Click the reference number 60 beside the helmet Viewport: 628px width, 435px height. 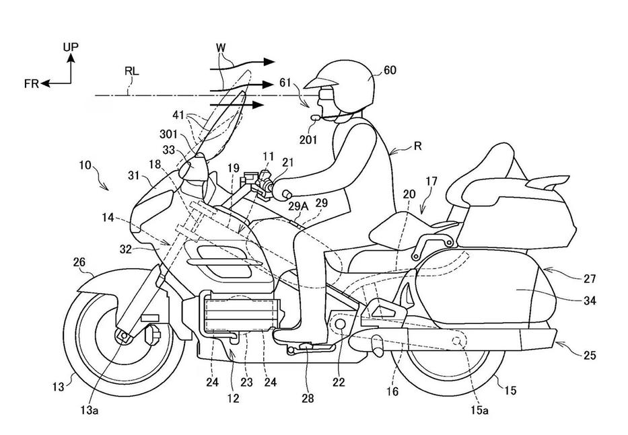pyautogui.click(x=390, y=69)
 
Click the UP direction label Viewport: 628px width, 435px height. pyautogui.click(x=71, y=46)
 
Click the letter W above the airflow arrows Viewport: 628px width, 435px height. pyautogui.click(x=221, y=48)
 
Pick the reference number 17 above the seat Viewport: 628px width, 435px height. pyautogui.click(x=432, y=181)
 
